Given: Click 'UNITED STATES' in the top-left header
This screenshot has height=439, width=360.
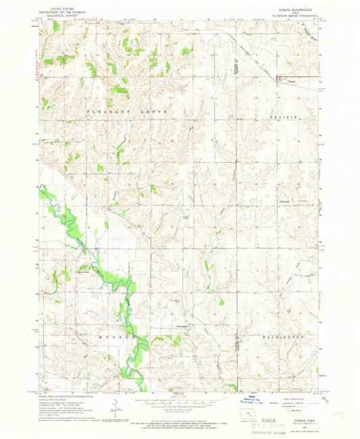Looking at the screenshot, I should tap(57, 5).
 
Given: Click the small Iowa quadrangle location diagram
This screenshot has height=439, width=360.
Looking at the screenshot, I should tap(234, 417).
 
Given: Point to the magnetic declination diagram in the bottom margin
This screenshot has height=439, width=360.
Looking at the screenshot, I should tap(115, 409).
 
